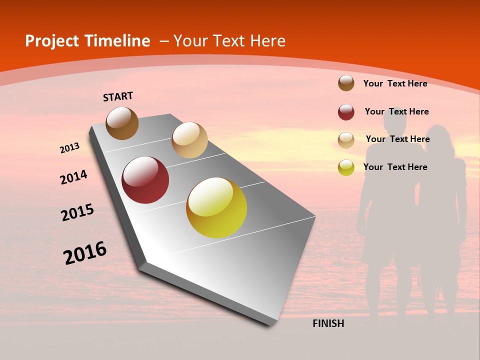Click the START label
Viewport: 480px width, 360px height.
pyautogui.click(x=118, y=96)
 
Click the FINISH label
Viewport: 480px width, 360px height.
pyautogui.click(x=328, y=323)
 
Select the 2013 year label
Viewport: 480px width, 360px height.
pyautogui.click(x=69, y=148)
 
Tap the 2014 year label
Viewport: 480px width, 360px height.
pyautogui.click(x=73, y=177)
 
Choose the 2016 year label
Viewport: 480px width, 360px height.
pyautogui.click(x=85, y=253)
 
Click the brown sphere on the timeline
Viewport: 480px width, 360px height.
pyautogui.click(x=122, y=123)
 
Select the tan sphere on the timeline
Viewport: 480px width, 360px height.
pyautogui.click(x=189, y=140)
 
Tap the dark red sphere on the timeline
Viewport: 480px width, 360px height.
pyautogui.click(x=145, y=180)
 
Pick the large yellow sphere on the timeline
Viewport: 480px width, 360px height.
pyautogui.click(x=216, y=207)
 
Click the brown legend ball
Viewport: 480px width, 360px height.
pyautogui.click(x=346, y=83)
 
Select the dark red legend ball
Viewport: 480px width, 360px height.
pyautogui.click(x=346, y=112)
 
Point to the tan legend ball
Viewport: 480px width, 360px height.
pyautogui.click(x=346, y=140)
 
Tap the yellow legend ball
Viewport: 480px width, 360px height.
pyautogui.click(x=346, y=167)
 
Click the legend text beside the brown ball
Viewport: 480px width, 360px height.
pyautogui.click(x=395, y=83)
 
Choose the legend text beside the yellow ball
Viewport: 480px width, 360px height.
pyautogui.click(x=395, y=167)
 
